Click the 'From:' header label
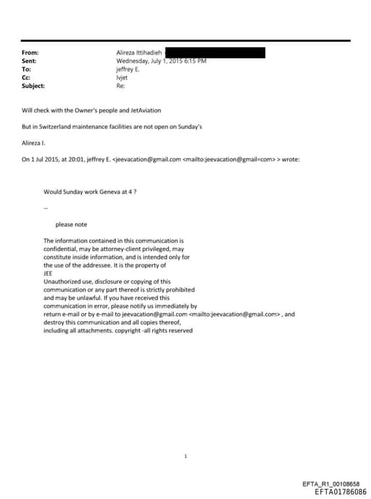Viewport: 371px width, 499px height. (30, 53)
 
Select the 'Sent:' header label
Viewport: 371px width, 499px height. (30, 61)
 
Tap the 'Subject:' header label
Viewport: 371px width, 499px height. (33, 86)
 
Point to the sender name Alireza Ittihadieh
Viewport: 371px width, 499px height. (140, 53)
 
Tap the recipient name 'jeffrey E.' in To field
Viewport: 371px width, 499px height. (128, 70)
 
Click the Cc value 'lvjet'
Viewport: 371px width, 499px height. (122, 78)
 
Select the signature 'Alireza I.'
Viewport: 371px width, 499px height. (33, 143)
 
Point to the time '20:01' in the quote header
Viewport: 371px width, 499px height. (76, 159)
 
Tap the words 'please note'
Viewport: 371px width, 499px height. (71, 224)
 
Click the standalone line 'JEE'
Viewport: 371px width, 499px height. (49, 274)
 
